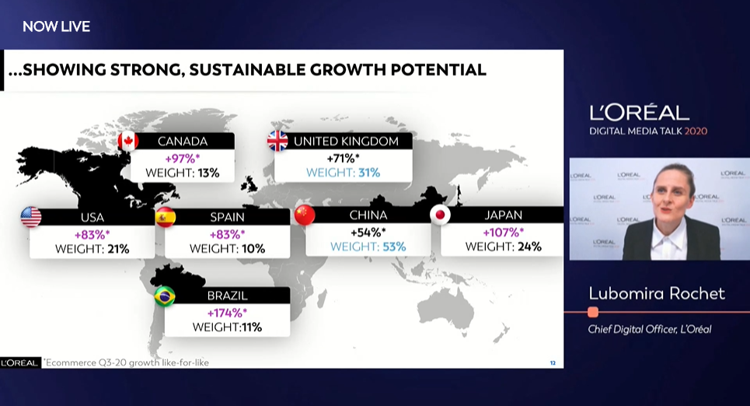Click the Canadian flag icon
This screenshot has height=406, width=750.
click(x=128, y=142)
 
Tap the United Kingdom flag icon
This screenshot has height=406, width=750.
click(x=277, y=141)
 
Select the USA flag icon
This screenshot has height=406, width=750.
click(x=31, y=217)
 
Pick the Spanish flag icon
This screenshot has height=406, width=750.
click(x=166, y=217)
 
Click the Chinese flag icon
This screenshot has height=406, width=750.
click(x=305, y=215)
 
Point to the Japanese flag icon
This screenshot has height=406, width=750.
click(x=440, y=215)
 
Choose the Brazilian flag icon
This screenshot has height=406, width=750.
click(x=165, y=296)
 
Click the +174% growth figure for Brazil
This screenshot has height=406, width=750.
click(x=227, y=313)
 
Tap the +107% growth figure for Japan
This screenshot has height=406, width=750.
click(x=503, y=233)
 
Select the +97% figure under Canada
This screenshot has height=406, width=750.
click(x=182, y=159)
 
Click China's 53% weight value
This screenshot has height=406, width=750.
click(x=394, y=247)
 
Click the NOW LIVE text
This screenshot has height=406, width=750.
click(x=57, y=26)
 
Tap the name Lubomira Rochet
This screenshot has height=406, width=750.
click(x=657, y=293)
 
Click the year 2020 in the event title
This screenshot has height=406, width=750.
click(x=696, y=131)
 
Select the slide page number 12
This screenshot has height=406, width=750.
click(x=553, y=363)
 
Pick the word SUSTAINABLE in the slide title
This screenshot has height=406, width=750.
click(x=247, y=70)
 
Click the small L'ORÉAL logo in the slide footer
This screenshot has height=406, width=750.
click(x=19, y=363)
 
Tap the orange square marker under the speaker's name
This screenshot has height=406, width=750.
click(x=593, y=312)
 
